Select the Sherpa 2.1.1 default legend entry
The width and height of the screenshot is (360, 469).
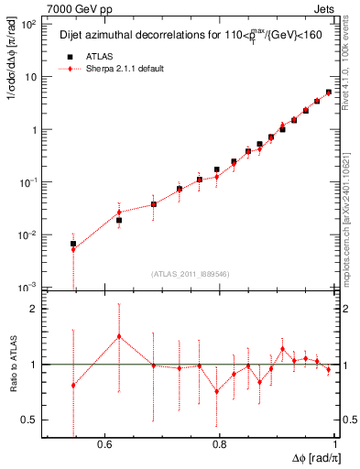click(x=124, y=69)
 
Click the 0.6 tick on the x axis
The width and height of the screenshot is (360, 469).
click(x=104, y=444)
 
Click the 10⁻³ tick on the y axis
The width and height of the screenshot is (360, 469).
click(x=29, y=287)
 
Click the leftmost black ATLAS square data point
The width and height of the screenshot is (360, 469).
click(x=73, y=244)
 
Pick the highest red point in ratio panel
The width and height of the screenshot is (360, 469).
click(x=119, y=336)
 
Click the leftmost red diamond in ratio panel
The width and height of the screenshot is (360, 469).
click(x=73, y=386)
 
